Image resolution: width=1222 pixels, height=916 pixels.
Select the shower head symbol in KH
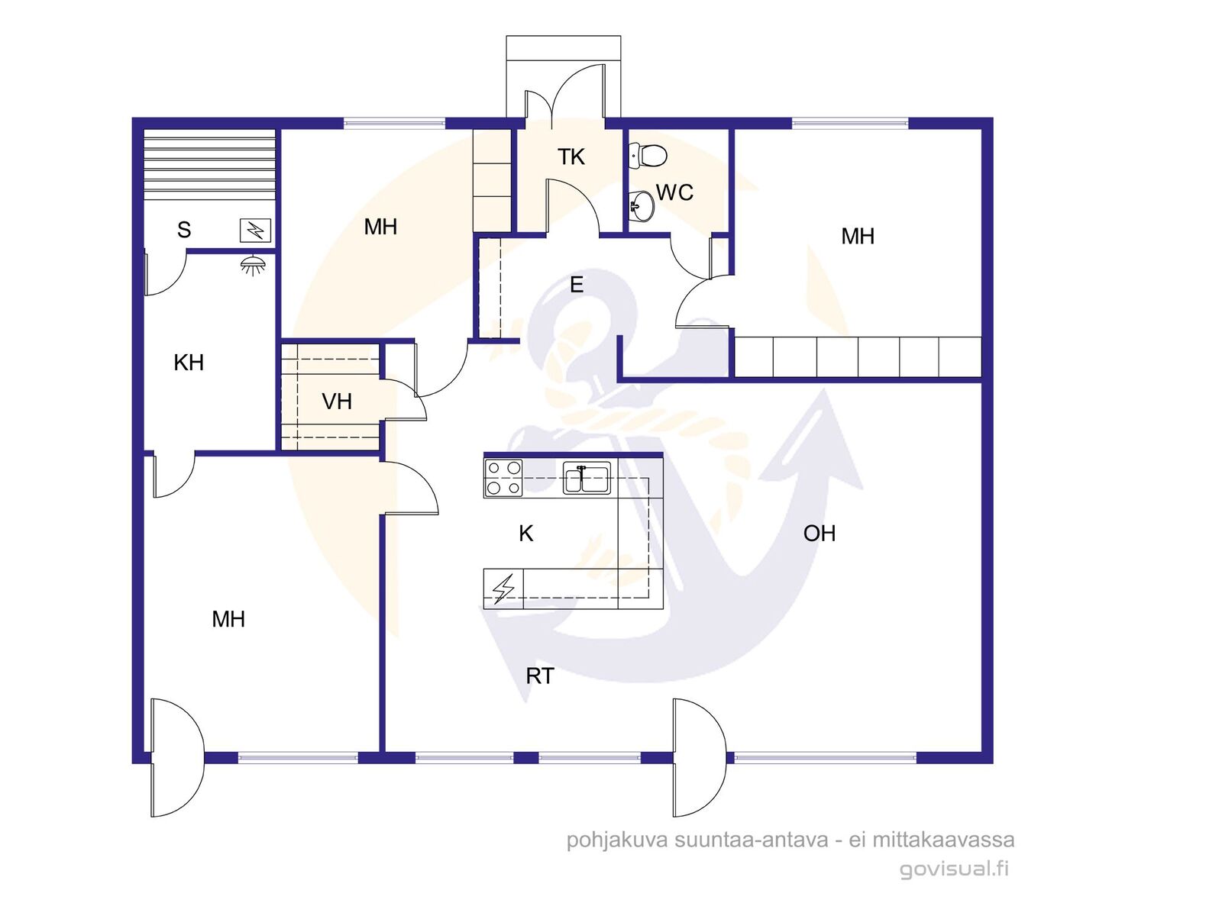click(x=253, y=266)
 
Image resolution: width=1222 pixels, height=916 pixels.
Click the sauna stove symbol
click(x=256, y=231)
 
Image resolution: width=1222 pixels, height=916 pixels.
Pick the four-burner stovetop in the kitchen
click(x=504, y=478)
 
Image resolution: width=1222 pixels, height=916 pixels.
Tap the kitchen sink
click(x=587, y=479)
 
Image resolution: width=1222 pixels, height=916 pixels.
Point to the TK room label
click(x=571, y=157)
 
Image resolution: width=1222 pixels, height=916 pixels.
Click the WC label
click(x=674, y=193)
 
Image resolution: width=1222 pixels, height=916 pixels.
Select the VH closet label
click(x=337, y=402)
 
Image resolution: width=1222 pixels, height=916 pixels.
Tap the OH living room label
click(x=820, y=534)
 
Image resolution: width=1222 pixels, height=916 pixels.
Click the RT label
click(x=540, y=676)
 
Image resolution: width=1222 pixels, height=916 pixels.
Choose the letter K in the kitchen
click(x=526, y=534)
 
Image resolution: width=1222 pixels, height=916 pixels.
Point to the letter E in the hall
click(x=577, y=285)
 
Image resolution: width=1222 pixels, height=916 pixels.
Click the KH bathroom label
click(x=189, y=363)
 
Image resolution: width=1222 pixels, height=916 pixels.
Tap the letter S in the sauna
click(x=184, y=230)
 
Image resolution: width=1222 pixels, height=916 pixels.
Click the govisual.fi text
click(x=954, y=869)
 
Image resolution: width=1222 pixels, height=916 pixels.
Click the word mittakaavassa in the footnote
click(x=944, y=839)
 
